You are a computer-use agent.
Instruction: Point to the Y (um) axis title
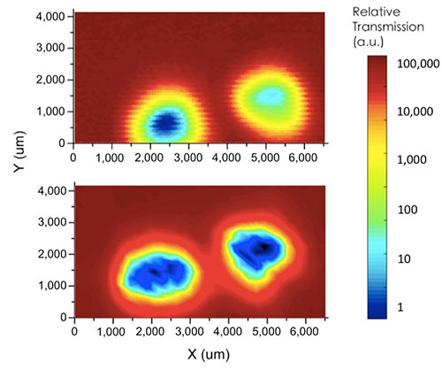tap(11, 168)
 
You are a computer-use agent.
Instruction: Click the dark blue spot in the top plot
tap(166, 121)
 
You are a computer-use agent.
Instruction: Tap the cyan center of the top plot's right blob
tap(272, 95)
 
